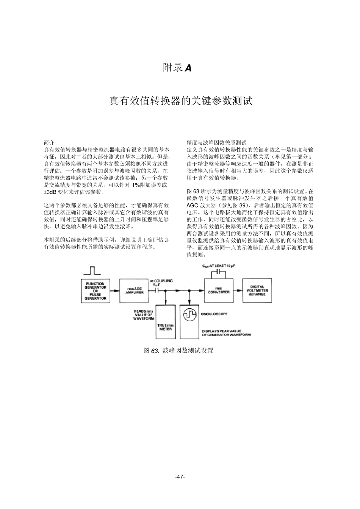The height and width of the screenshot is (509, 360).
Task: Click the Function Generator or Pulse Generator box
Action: click(95, 291)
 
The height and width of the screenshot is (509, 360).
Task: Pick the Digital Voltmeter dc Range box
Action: click(257, 291)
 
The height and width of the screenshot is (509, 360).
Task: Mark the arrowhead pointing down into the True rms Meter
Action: click(166, 303)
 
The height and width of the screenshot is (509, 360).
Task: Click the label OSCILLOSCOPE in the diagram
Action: click(214, 314)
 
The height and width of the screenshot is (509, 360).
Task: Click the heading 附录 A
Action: click(177, 68)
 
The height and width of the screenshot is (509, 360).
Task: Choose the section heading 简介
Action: click(49, 143)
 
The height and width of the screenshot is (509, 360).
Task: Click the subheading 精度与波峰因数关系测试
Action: click(216, 143)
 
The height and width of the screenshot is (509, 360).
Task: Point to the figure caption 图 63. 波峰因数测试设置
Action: click(178, 351)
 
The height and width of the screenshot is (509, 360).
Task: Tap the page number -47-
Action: click(180, 477)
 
